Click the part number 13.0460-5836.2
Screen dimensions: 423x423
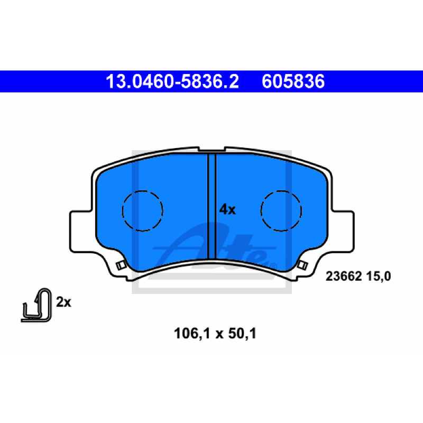point(172,81)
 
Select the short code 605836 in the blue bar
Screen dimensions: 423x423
point(293,81)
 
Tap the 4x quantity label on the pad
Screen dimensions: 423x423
point(227,209)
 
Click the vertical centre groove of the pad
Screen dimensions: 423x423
point(212,206)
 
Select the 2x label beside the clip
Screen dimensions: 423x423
point(63,302)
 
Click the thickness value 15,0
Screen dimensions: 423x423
point(378,277)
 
